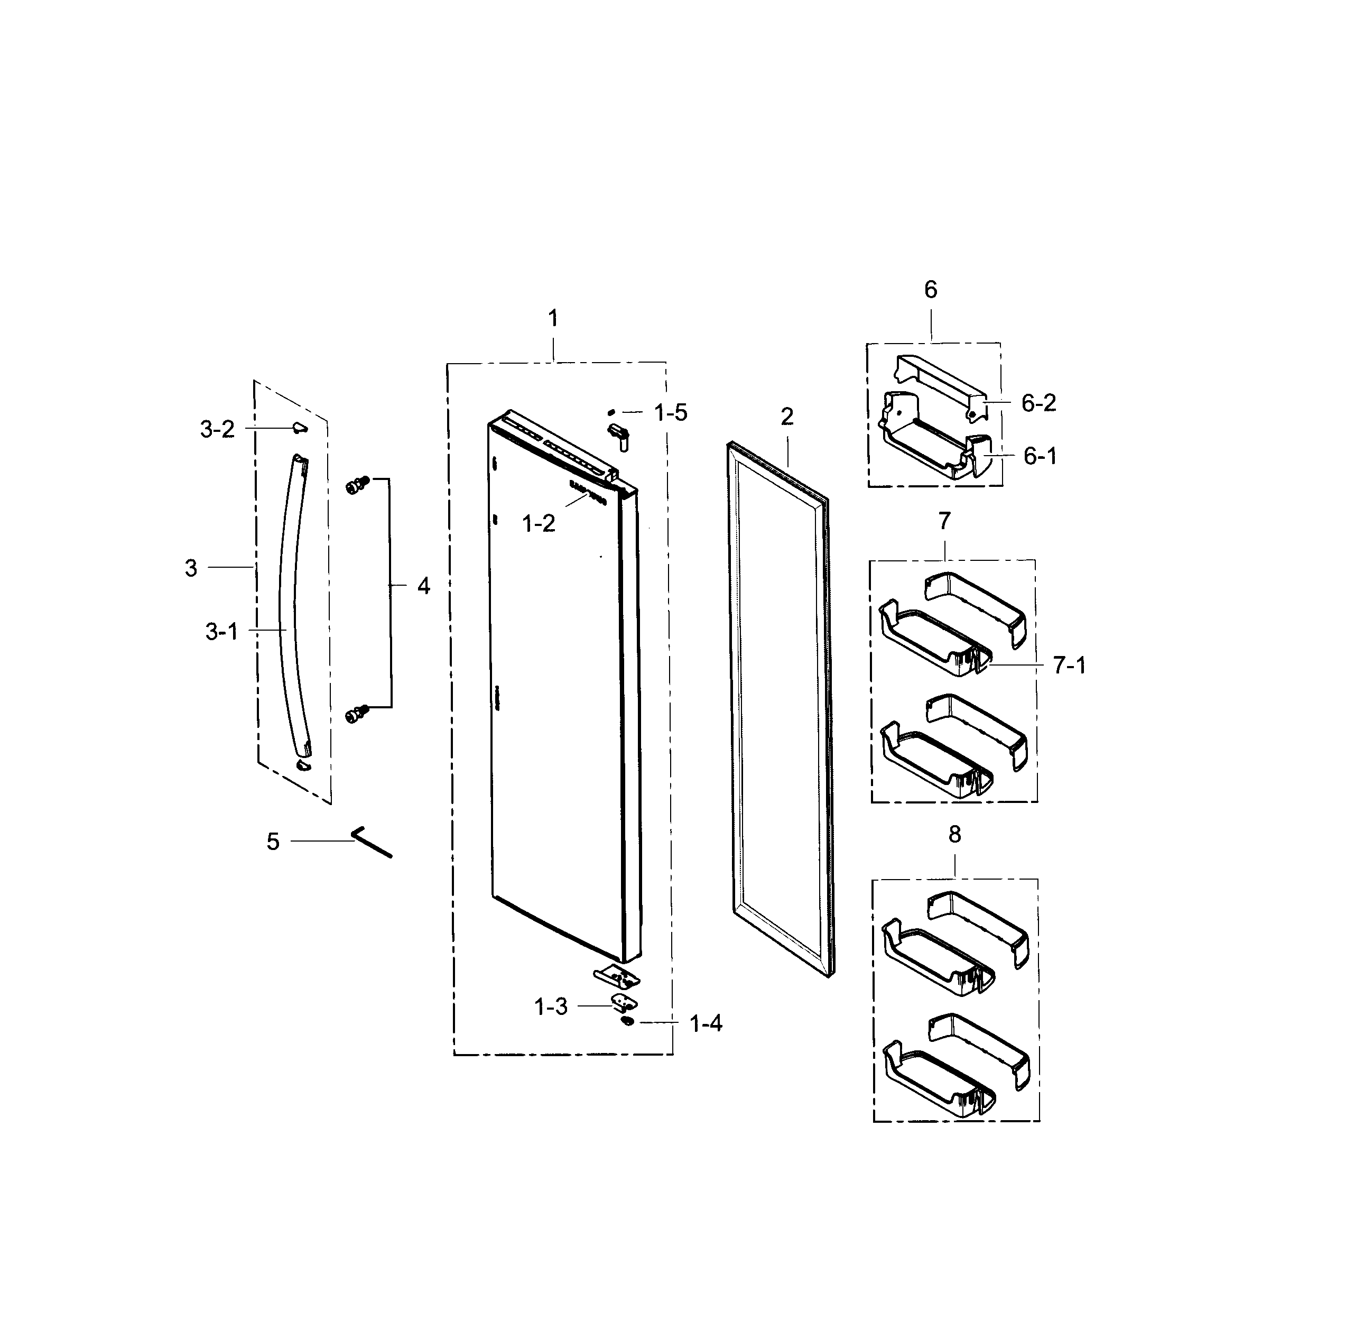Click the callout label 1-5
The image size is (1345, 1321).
tap(670, 413)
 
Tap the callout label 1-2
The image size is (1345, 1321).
tap(539, 524)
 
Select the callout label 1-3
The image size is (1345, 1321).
tap(551, 1006)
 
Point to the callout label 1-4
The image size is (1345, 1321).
tap(706, 1023)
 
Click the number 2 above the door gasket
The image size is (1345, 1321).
tap(786, 417)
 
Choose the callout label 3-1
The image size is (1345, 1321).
tap(222, 631)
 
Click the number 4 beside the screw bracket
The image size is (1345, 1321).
tap(423, 586)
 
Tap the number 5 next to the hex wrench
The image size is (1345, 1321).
tap(273, 842)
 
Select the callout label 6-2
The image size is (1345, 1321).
tap(1038, 403)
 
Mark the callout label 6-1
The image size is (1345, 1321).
tap(1040, 457)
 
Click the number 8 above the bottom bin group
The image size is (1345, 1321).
tap(954, 835)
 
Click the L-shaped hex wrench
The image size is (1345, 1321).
tap(372, 843)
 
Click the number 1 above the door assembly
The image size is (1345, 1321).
tap(553, 319)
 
